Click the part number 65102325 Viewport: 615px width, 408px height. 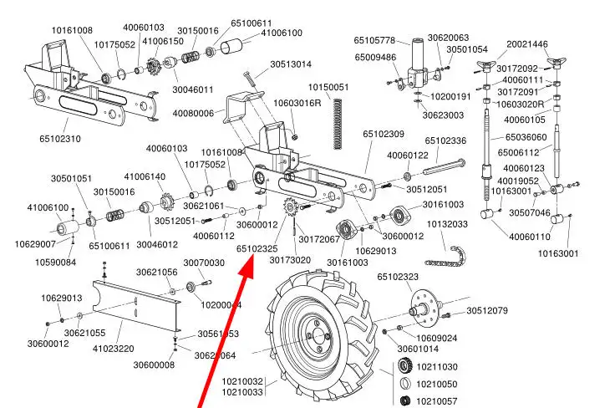[x=257, y=248]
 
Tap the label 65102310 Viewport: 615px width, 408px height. [x=60, y=138]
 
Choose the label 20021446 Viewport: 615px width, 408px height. [x=527, y=44]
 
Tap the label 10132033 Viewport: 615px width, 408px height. [x=447, y=225]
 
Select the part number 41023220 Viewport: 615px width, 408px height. [x=113, y=349]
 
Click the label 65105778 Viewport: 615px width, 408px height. [x=374, y=39]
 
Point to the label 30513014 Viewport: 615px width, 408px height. [x=290, y=64]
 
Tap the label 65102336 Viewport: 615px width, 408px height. [x=445, y=141]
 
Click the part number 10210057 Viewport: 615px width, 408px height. [x=437, y=401]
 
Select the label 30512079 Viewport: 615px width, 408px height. [x=487, y=311]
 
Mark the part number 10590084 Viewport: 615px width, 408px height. [x=55, y=263]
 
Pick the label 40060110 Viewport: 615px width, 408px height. [x=530, y=237]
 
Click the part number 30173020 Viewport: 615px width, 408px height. [x=289, y=260]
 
